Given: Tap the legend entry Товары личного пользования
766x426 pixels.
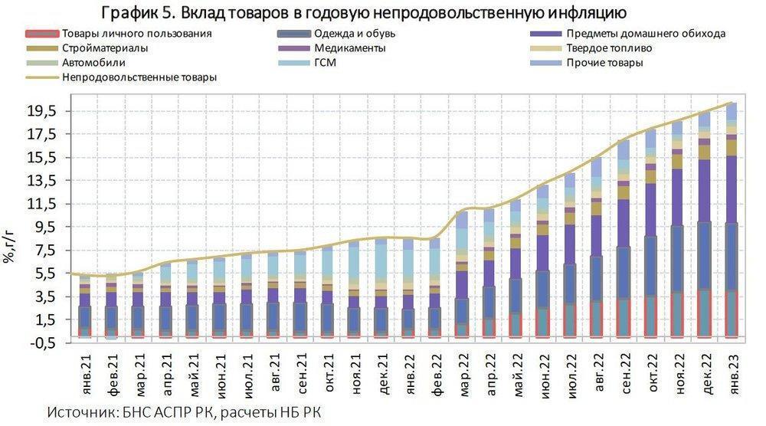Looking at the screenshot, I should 136,34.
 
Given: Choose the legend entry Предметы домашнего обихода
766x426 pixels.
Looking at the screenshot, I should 647,34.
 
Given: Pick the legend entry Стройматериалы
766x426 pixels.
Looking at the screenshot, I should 105,48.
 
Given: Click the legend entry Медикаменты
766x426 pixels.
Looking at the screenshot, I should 349,48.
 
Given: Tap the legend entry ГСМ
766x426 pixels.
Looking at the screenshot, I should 325,63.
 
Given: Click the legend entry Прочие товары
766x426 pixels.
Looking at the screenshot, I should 604,63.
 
